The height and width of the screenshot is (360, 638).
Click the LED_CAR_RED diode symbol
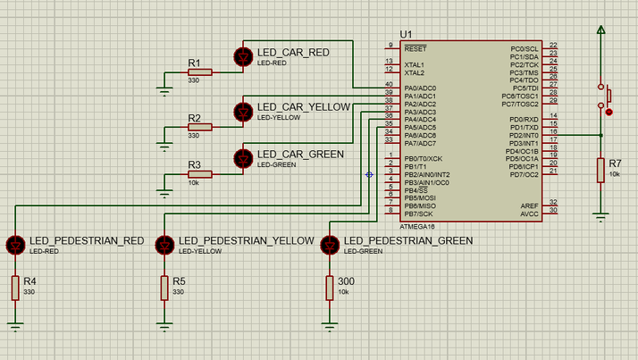(x=242, y=56)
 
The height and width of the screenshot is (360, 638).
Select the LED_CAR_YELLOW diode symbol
(x=242, y=111)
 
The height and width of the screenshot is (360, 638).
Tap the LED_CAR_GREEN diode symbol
(x=242, y=158)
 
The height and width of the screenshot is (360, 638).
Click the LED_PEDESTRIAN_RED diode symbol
(x=15, y=244)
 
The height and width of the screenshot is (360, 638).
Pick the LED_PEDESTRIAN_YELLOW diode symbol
(x=164, y=244)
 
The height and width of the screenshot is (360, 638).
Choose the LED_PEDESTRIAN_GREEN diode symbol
(x=330, y=244)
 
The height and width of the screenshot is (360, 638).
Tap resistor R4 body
(x=15, y=287)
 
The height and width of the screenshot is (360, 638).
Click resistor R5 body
(x=164, y=287)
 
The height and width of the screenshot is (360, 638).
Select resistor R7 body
(x=600, y=169)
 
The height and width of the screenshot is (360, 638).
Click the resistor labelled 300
(x=330, y=287)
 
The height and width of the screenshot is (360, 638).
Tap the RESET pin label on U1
(x=416, y=48)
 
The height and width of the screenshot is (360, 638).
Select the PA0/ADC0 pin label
(x=420, y=88)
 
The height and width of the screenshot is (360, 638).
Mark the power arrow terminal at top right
(x=600, y=31)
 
